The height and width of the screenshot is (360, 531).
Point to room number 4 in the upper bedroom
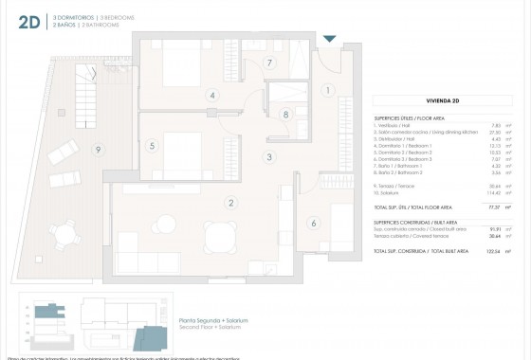(x=213, y=95)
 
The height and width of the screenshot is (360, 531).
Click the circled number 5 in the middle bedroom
(x=152, y=145)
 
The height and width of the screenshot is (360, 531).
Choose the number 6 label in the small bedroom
(x=313, y=224)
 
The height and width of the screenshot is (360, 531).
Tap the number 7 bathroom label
(x=269, y=63)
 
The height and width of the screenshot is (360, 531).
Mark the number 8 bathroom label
(x=285, y=115)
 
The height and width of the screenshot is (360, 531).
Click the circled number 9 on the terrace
(x=97, y=149)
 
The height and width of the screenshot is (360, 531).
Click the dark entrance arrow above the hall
(x=329, y=39)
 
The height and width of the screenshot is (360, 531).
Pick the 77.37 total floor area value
(x=493, y=205)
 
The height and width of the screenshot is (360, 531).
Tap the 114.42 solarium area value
(x=492, y=192)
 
